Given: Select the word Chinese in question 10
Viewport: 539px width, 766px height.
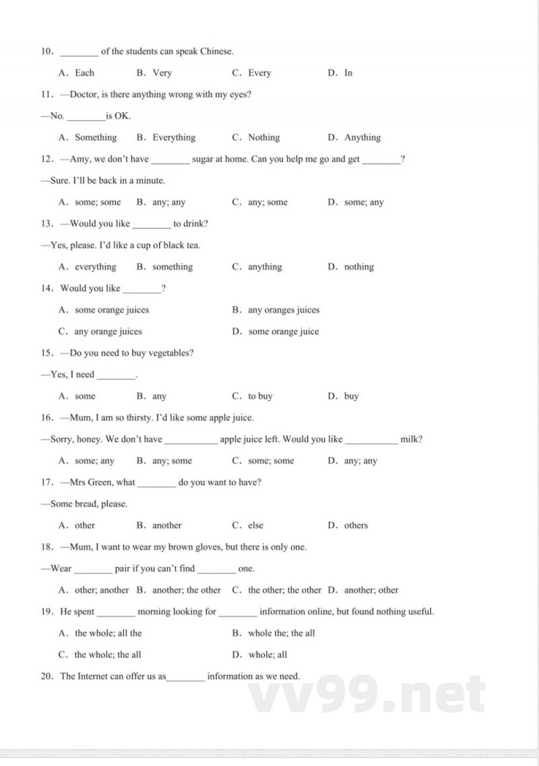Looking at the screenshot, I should [216, 51].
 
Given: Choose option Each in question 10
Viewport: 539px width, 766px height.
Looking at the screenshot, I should [85, 73].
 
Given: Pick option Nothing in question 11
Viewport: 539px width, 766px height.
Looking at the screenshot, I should [263, 137].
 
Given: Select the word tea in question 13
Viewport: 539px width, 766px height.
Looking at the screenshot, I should [193, 245].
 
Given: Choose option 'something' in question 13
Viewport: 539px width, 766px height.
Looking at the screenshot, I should [172, 267].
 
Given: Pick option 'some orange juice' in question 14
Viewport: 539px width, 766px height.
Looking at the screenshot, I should [284, 331].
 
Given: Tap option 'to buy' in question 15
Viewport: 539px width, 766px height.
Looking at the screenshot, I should [260, 396].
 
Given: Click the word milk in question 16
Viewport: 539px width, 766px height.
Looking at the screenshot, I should [411, 439].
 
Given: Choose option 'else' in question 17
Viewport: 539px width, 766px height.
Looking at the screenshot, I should [256, 525].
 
